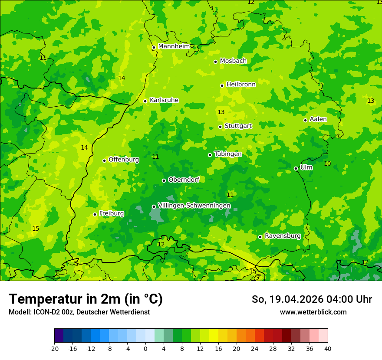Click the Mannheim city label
(174, 46)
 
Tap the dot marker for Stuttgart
(220, 127)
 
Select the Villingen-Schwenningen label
(194, 205)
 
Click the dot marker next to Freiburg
(95, 214)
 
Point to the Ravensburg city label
(283, 236)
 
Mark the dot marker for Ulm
(296, 168)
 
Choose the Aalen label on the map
(318, 119)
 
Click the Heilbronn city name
(241, 84)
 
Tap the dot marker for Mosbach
(215, 62)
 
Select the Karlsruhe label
(164, 100)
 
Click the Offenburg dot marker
(104, 160)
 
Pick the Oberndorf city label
(184, 179)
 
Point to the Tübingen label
(228, 154)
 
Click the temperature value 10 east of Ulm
(327, 164)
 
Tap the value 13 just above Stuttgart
(221, 112)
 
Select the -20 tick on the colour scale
(54, 348)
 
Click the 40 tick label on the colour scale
(328, 348)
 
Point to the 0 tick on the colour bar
(145, 348)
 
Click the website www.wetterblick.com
(313, 312)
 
